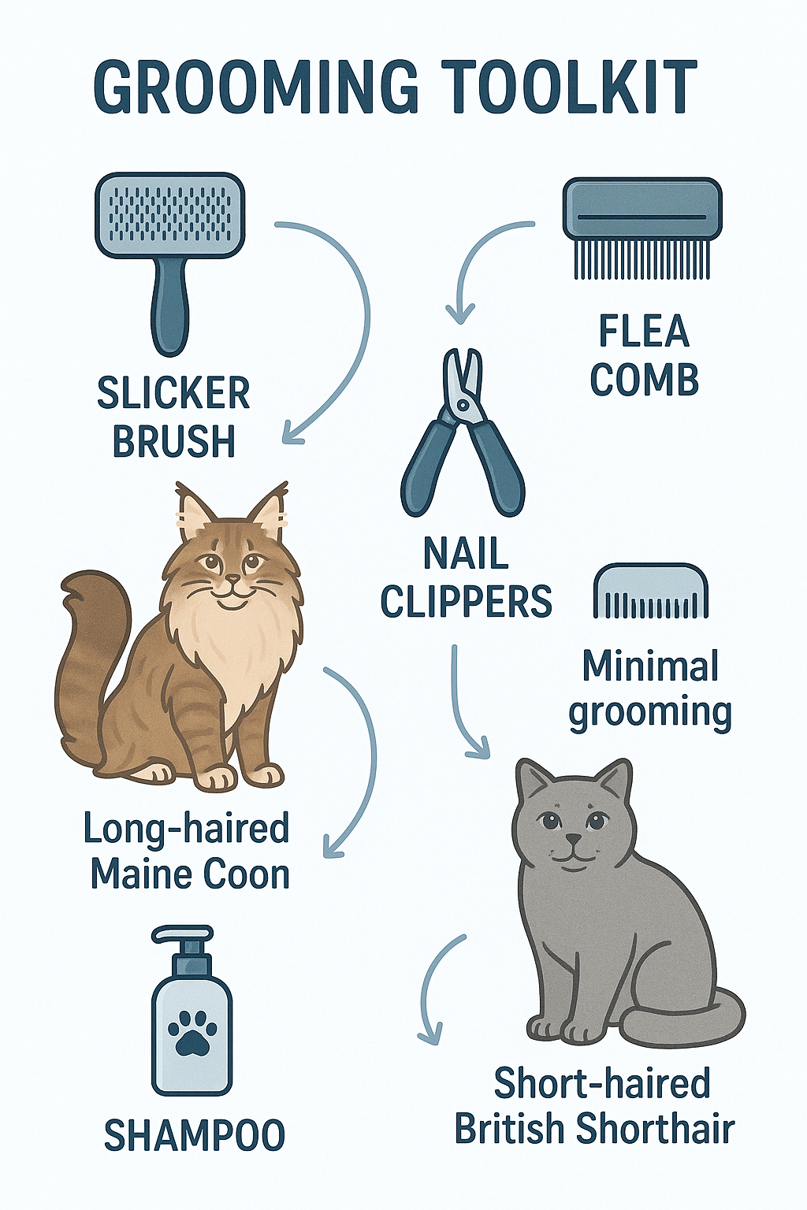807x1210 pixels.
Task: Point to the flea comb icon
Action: pyautogui.click(x=642, y=229)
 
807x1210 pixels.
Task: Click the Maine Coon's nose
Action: pyautogui.click(x=232, y=580)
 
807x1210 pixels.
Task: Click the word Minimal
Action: pyautogui.click(x=650, y=666)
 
